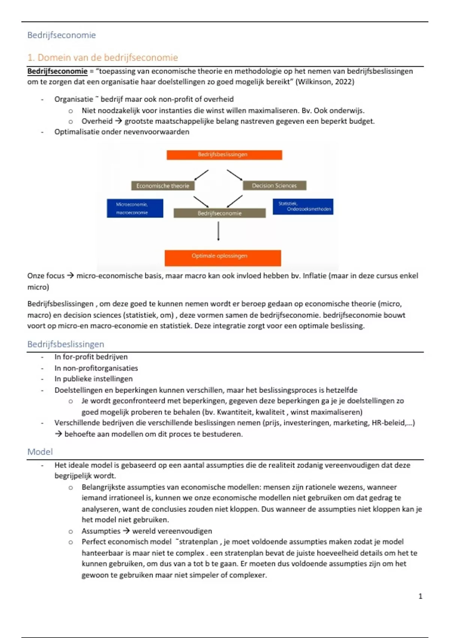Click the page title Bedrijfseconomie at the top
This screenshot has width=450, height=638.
61,35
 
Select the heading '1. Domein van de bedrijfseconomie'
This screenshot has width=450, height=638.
102,57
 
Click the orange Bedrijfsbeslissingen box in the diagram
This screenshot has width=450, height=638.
224,155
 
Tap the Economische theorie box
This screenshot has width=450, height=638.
163,186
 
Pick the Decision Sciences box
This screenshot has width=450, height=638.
274,185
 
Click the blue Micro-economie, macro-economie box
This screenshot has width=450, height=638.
135,208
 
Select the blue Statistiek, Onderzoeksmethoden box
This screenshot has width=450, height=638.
303,206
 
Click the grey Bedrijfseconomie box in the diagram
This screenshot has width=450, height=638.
219,213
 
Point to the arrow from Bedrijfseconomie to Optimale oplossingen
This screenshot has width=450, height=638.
218,231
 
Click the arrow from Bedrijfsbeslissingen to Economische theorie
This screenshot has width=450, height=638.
201,175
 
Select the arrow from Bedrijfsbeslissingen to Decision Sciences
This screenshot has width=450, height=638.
235,175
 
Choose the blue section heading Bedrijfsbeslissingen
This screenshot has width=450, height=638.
66,344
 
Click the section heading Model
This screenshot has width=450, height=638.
40,452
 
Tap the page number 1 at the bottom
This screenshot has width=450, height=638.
420,596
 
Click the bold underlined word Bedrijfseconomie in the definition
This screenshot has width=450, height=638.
57,71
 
